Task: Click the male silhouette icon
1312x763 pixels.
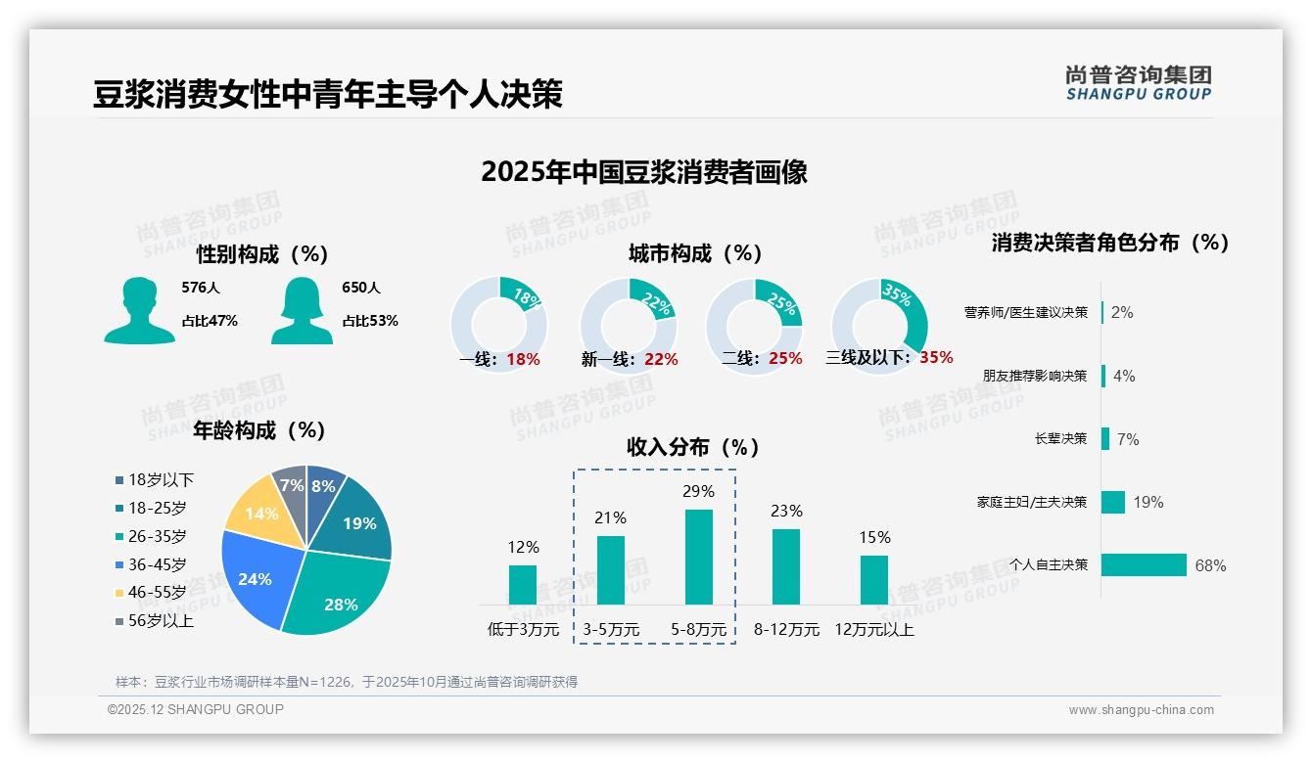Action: pyautogui.click(x=139, y=310)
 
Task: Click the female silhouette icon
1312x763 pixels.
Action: pyautogui.click(x=302, y=310)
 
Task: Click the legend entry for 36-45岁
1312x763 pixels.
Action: pyautogui.click(x=156, y=565)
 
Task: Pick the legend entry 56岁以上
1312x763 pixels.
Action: pyautogui.click(x=160, y=621)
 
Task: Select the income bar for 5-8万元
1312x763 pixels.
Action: pyautogui.click(x=699, y=557)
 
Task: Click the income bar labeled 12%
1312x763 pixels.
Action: pyautogui.click(x=523, y=584)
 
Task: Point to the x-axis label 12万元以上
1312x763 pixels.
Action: pyautogui.click(x=874, y=630)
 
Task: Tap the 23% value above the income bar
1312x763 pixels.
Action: pyautogui.click(x=786, y=512)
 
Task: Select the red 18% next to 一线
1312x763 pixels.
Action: pyautogui.click(x=524, y=360)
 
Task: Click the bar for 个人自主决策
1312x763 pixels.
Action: pyautogui.click(x=1144, y=565)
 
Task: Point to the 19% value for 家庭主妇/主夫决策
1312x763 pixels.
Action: pyautogui.click(x=1148, y=503)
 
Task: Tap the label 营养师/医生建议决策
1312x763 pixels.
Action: pyautogui.click(x=1025, y=313)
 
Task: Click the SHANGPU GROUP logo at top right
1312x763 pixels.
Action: pyautogui.click(x=1138, y=83)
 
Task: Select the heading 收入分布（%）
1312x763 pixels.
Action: pyautogui.click(x=693, y=448)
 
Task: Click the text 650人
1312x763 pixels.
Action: pyautogui.click(x=361, y=288)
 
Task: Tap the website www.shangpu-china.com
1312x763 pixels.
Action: pyautogui.click(x=1141, y=710)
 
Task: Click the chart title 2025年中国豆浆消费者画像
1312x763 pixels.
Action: pyautogui.click(x=644, y=172)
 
